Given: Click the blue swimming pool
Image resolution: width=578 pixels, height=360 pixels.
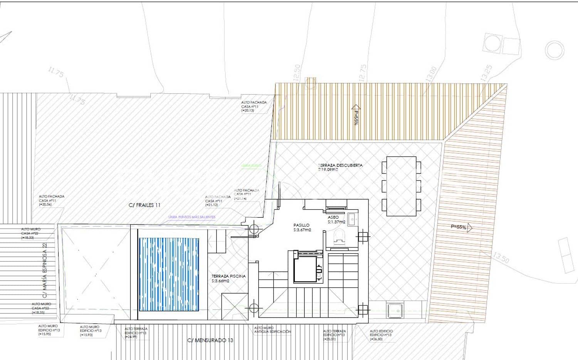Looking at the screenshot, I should click(169, 274).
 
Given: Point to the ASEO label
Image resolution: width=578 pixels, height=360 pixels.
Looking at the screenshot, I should click(333, 217).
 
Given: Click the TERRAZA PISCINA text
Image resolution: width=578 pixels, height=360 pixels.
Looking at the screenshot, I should click(229, 276).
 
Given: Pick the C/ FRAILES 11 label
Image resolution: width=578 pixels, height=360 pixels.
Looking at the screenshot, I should click(144, 205).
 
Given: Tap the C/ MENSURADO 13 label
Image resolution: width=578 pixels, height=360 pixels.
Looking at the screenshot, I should click(210, 340).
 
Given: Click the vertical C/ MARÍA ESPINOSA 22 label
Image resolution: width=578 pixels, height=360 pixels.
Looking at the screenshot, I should click(45, 270).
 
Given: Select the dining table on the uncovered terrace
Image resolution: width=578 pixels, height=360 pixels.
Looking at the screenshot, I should click(401, 186).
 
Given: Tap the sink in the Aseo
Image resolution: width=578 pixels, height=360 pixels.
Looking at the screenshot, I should click(352, 219).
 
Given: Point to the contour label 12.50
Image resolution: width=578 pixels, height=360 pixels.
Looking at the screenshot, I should click(297, 72).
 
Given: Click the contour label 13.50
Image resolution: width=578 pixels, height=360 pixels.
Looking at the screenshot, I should click(501, 257).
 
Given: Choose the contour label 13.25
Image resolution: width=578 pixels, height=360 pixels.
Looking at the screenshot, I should click(486, 73).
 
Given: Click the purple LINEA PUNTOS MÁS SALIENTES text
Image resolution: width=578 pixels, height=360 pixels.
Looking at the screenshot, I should click(192, 217).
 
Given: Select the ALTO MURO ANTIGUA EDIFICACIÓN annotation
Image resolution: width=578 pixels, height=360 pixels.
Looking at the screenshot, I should click(272, 330).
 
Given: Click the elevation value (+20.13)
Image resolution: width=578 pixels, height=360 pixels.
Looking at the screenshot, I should click(247, 111).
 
